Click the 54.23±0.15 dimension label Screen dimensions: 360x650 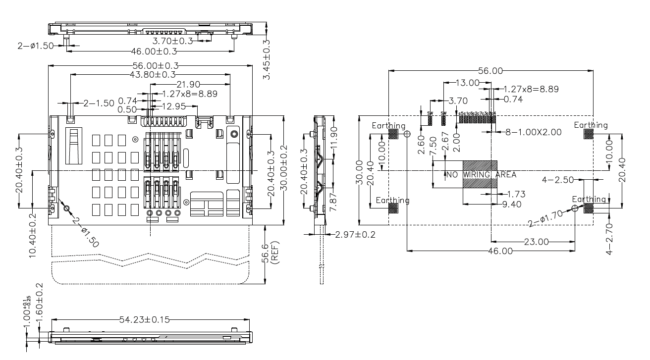[144, 319]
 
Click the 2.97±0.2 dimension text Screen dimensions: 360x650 [355, 234]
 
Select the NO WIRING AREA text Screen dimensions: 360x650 [481, 175]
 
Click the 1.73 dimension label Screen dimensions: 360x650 [516, 195]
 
